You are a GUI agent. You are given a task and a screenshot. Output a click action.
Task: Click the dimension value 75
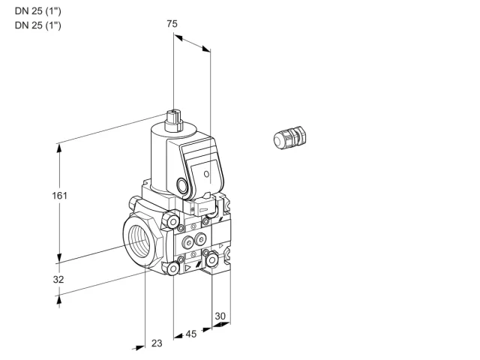tap(172, 23)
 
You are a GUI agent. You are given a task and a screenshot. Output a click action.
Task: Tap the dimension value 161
tap(59, 195)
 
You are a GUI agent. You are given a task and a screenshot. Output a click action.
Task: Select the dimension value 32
tap(58, 279)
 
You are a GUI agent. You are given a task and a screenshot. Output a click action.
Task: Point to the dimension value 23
tap(157, 343)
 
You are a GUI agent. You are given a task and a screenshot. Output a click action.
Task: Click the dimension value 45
tap(191, 334)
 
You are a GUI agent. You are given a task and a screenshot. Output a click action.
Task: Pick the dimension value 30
tap(220, 316)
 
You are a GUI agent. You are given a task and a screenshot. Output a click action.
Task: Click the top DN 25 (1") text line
tap(38, 11)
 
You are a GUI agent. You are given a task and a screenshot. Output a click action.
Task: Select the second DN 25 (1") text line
tap(38, 25)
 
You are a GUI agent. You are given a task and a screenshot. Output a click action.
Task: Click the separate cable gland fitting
tap(289, 138)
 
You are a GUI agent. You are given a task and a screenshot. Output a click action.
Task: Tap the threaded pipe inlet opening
tap(140, 242)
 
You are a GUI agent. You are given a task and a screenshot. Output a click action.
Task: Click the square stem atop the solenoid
tap(173, 117)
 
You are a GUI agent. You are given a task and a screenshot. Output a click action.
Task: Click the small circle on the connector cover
tap(206, 174)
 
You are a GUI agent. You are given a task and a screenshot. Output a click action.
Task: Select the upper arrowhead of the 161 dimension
tap(59, 148)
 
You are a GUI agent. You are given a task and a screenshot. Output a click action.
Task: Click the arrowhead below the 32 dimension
tap(59, 301)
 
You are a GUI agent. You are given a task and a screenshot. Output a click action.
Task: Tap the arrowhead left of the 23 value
tap(139, 348)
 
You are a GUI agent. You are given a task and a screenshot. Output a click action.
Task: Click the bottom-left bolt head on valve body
tap(173, 268)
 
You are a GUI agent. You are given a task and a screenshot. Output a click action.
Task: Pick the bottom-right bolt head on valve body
tap(211, 260)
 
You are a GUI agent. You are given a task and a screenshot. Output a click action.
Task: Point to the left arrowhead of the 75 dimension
tap(178, 37)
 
